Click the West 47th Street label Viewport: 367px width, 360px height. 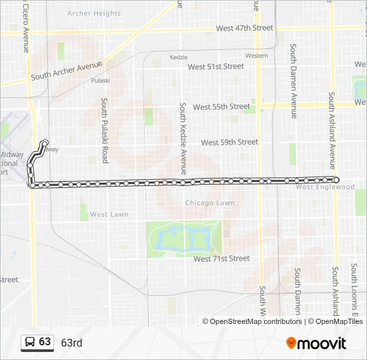pos(244,28)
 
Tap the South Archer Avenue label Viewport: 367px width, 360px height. pos(67,71)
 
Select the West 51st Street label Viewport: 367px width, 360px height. pos(216,67)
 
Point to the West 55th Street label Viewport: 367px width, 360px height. pos(222,107)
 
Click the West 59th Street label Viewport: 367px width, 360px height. pos(230,142)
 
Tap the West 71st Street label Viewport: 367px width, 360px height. pos(222,259)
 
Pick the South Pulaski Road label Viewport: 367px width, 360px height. pos(105,131)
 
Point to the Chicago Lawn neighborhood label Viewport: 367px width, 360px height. pos(210,203)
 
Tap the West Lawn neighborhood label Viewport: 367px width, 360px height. pos(109,215)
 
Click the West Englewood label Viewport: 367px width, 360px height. pos(325,187)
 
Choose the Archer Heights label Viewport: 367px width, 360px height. pos(94,13)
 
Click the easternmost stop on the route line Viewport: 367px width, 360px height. pos(336,179)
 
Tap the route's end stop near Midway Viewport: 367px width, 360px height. pos(45,143)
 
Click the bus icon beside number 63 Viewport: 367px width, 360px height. pos(30,343)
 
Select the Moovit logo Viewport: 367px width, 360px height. pos(316,343)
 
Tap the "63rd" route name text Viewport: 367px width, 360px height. pos(71,343)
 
